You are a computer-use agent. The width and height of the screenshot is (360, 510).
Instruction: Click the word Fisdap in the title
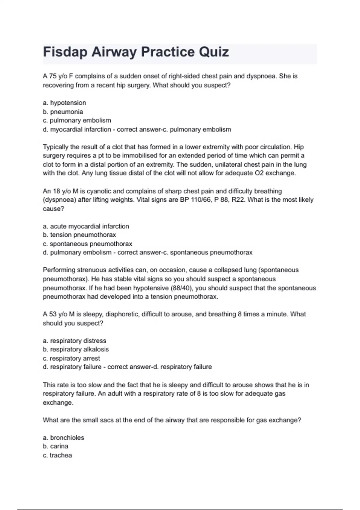65,52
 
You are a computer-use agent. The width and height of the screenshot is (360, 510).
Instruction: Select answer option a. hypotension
64,103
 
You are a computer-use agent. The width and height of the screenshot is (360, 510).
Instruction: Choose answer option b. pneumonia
63,112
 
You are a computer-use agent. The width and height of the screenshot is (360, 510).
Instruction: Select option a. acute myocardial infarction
86,226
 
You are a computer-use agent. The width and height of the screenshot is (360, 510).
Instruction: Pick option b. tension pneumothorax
79,235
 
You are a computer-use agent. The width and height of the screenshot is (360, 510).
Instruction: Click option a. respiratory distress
74,341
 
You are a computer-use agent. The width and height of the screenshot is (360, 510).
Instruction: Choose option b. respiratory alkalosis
76,349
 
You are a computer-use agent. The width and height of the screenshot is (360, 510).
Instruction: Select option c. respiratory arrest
71,358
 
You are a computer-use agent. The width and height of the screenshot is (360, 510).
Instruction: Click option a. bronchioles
64,438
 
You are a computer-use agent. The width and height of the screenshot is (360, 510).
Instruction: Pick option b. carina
55,446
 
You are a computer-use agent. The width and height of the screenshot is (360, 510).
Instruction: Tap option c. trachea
57,455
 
